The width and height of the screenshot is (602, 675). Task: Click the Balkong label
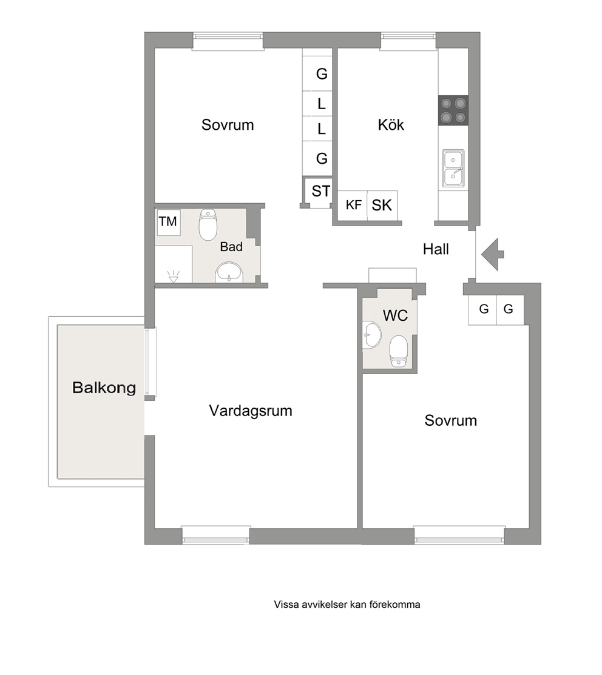[x=104, y=388]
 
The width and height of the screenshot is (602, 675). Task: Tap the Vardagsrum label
[x=251, y=411]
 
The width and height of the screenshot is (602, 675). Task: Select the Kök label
[x=391, y=125]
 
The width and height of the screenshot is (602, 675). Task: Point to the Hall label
[x=436, y=249]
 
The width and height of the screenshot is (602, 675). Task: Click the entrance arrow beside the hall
[x=492, y=254]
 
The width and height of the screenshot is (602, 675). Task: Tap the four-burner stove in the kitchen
[x=453, y=110]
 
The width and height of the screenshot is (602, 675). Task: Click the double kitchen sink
[x=453, y=169]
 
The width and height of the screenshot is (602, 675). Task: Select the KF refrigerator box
[x=353, y=206]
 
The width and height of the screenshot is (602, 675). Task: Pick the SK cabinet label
[x=382, y=206]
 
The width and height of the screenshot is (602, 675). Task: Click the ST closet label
[x=321, y=191]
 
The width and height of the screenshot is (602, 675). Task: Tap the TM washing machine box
[x=168, y=222]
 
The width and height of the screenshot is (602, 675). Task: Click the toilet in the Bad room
[x=208, y=225]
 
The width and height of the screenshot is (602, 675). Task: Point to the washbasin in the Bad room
[x=229, y=272]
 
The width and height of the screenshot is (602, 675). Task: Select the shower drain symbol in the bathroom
[x=173, y=277]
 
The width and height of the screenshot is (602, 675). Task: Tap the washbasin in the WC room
[x=372, y=335]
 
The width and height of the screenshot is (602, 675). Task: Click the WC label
[x=395, y=315]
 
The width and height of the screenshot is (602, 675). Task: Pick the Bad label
[x=231, y=247]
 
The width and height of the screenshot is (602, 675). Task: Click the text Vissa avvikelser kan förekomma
[x=347, y=605]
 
